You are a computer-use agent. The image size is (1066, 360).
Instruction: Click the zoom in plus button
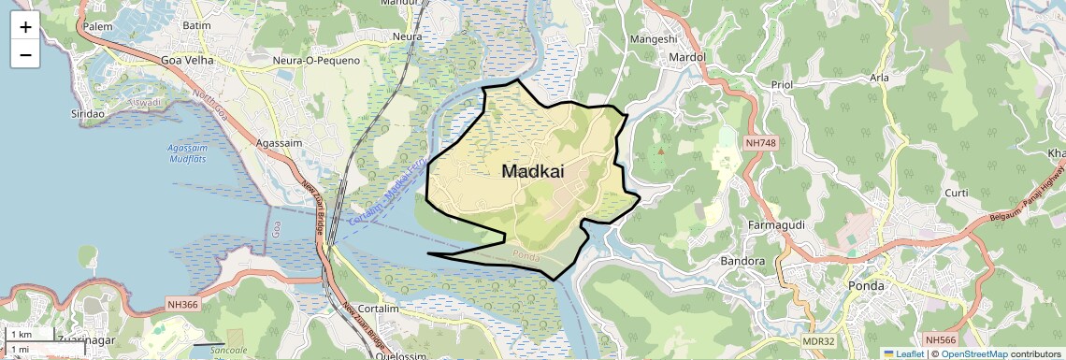point(25,27)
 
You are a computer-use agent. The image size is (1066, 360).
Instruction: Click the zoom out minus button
point(25,55)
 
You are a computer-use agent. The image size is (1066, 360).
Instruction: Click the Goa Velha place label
point(188,60)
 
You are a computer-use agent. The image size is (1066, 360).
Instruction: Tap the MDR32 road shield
point(817,341)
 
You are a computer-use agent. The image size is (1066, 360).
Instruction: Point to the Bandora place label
point(744,262)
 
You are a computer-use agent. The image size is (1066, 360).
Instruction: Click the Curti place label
point(957,193)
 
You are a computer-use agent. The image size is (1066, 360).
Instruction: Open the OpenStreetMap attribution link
point(973,353)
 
